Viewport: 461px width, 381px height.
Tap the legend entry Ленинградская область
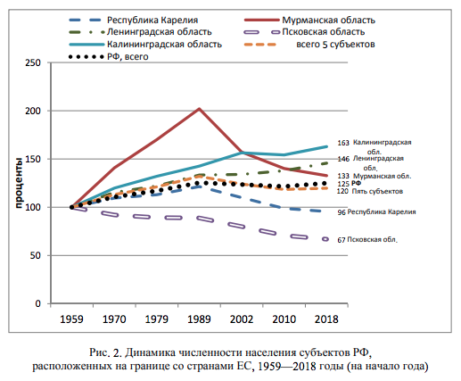point(146,30)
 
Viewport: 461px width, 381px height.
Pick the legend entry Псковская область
point(329,30)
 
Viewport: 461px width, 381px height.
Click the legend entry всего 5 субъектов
point(339,43)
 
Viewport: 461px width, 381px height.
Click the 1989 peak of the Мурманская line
point(198,109)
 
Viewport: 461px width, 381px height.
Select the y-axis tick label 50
point(35,256)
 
